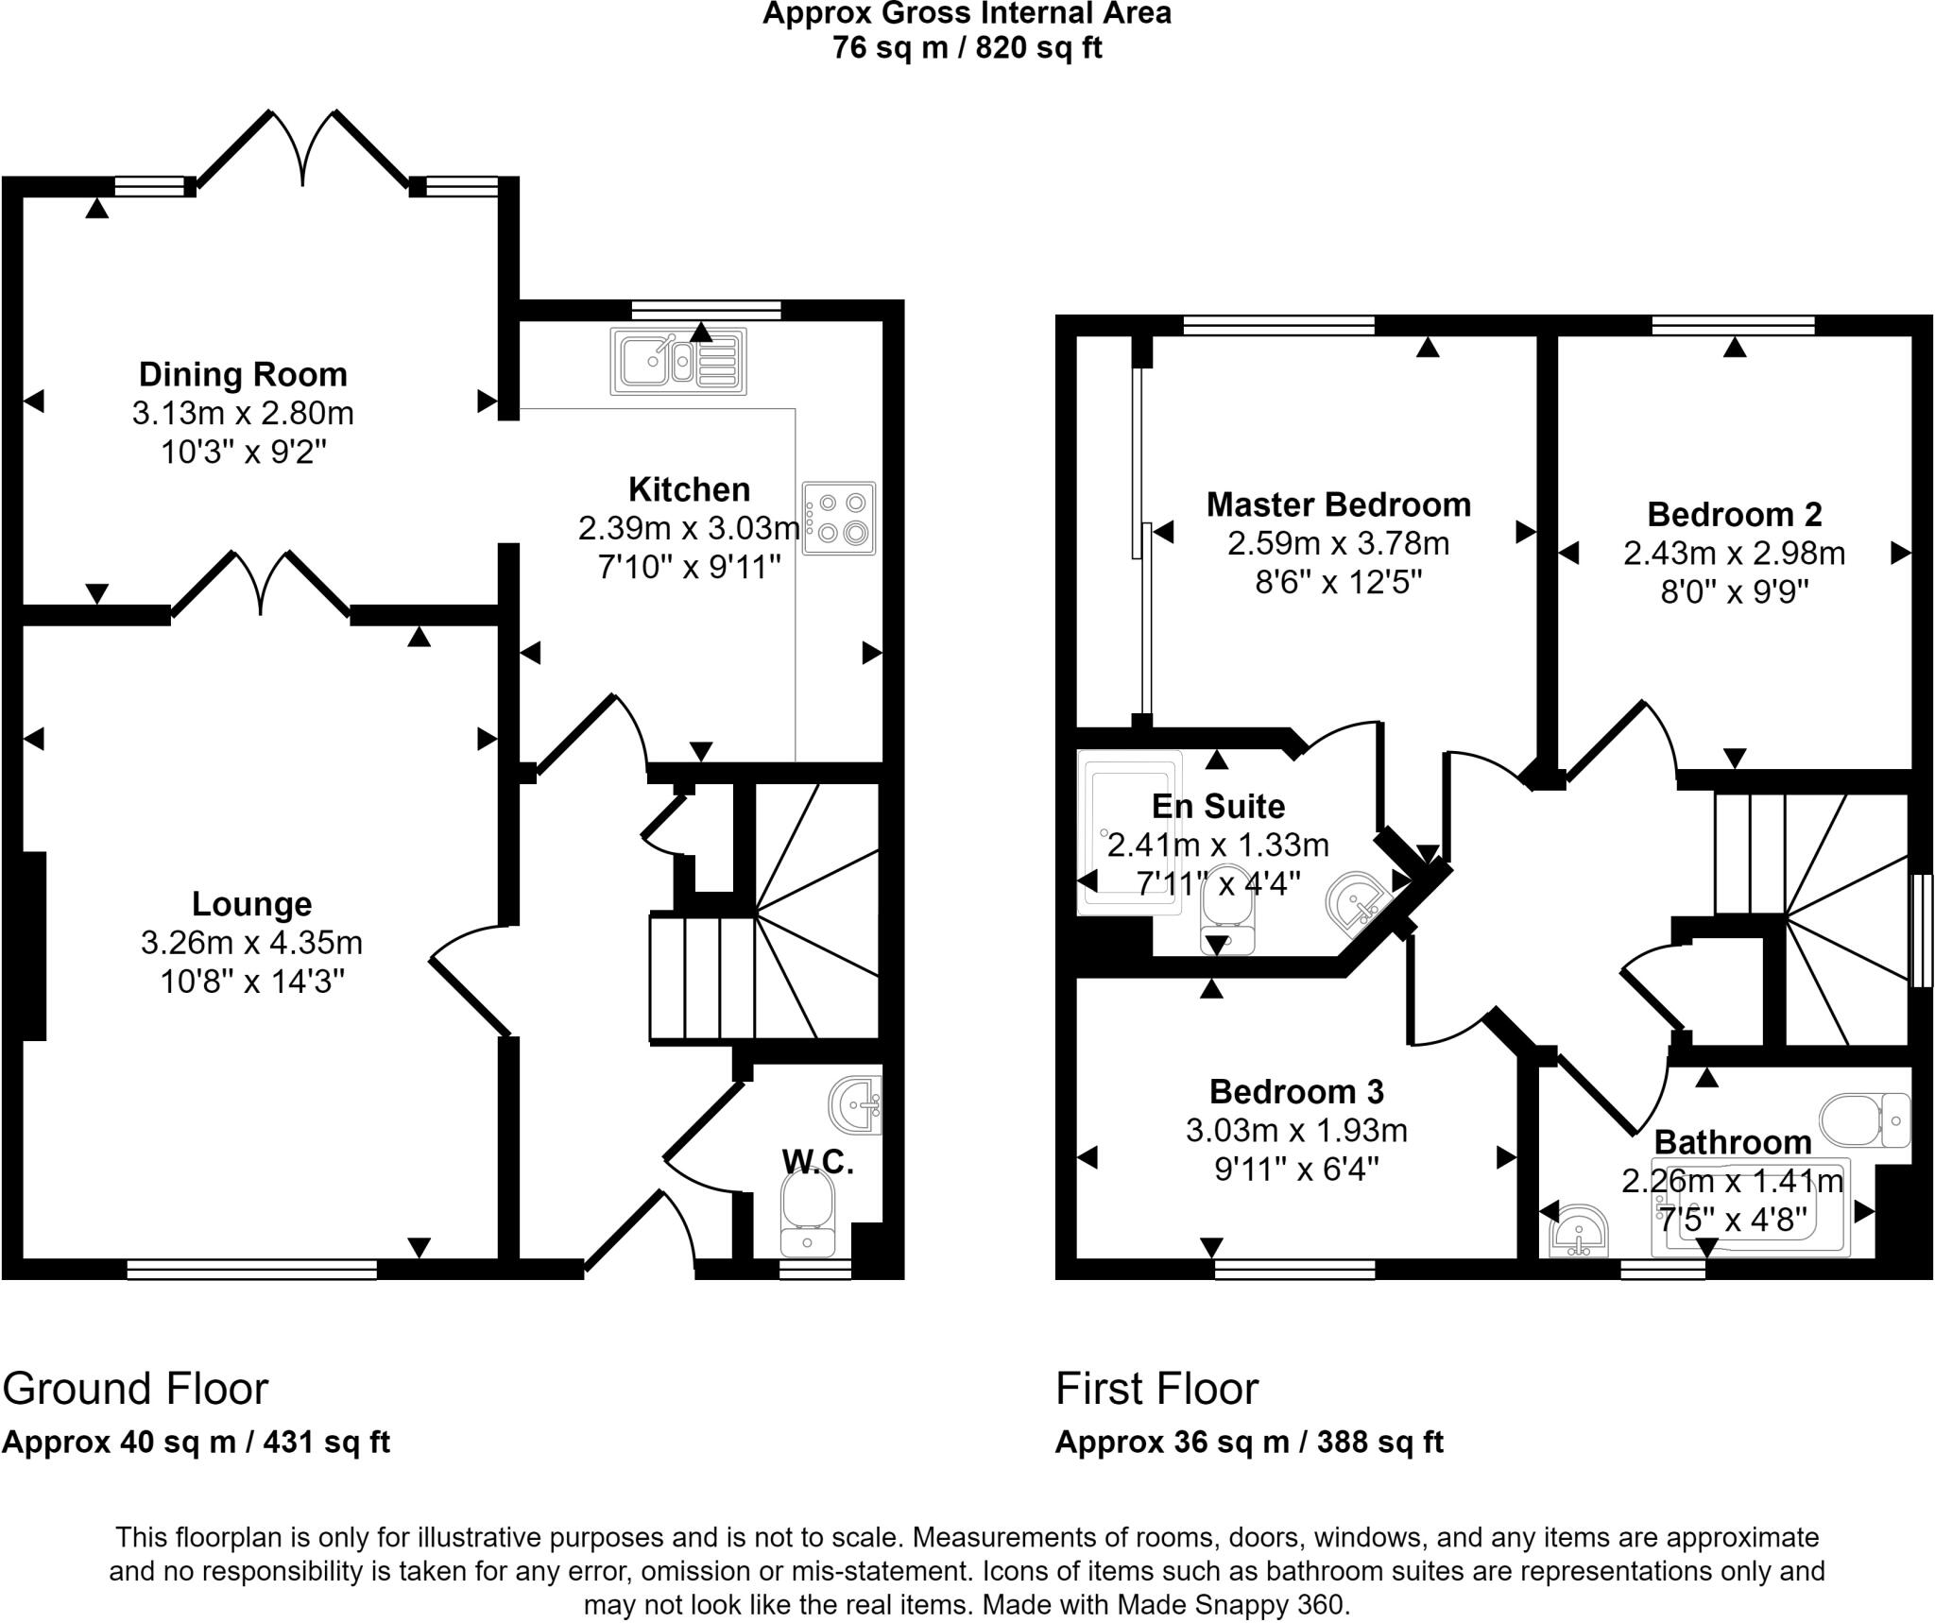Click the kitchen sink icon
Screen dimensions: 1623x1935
(x=678, y=361)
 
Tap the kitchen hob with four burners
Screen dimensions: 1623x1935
(x=839, y=518)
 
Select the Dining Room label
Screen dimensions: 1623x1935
(x=243, y=375)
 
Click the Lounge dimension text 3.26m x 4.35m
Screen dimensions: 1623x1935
(x=251, y=943)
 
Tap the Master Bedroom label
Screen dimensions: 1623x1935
(x=1338, y=504)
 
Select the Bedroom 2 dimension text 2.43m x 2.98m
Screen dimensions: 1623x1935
(x=1734, y=554)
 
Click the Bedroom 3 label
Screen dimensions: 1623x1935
(x=1295, y=1092)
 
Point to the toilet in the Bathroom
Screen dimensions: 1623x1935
(x=1864, y=1119)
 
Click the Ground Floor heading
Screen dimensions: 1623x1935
(x=135, y=1389)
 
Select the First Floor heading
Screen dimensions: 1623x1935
(x=1156, y=1389)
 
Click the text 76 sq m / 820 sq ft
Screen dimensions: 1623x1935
(x=967, y=47)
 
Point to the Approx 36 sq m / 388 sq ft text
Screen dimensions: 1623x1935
(x=1249, y=1443)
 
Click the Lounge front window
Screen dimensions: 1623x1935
(x=251, y=1269)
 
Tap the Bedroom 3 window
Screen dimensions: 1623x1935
(x=1294, y=1269)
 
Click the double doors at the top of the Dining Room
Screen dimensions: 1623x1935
(x=303, y=151)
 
